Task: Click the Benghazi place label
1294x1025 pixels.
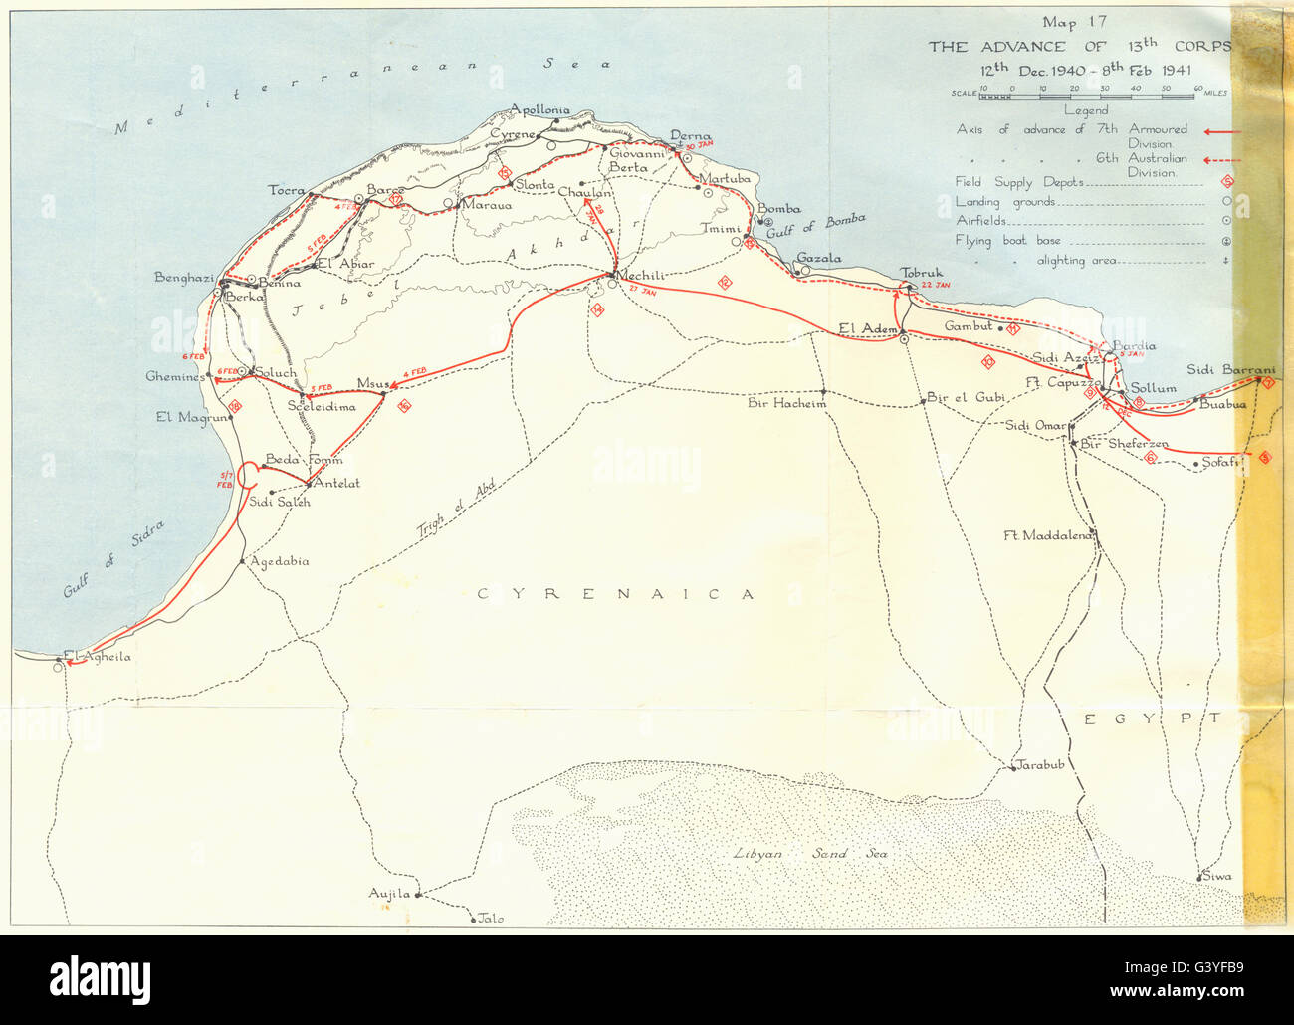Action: click(184, 278)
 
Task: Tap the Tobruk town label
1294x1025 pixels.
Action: click(921, 273)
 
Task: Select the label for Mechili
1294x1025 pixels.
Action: click(641, 276)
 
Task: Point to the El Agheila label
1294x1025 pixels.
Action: click(97, 657)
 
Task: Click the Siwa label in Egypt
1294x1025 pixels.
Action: click(1216, 877)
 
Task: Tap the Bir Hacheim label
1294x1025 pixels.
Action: click(786, 403)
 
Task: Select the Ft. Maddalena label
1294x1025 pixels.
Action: click(1048, 534)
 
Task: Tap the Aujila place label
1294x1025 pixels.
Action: click(389, 894)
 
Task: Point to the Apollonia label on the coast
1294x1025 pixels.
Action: click(539, 110)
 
